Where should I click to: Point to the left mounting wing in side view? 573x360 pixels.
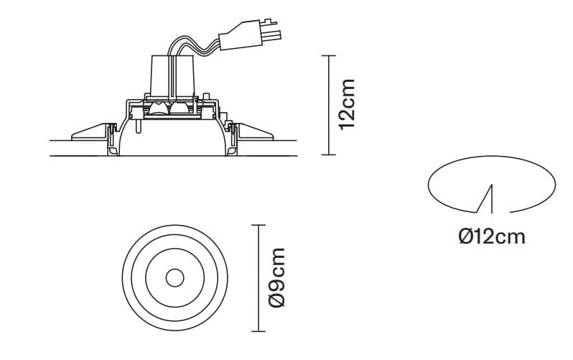[89, 131]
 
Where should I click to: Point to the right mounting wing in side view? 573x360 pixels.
[254, 131]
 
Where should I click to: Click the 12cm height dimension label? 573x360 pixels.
[348, 104]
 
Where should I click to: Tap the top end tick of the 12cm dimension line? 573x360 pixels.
[328, 56]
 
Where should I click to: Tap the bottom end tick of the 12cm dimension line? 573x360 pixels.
[328, 154]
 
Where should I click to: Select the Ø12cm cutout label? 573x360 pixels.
[492, 236]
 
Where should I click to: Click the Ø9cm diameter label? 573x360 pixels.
[276, 277]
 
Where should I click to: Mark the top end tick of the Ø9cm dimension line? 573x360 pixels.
[258, 226]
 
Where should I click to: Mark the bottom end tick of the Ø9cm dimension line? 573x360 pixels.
[258, 331]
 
